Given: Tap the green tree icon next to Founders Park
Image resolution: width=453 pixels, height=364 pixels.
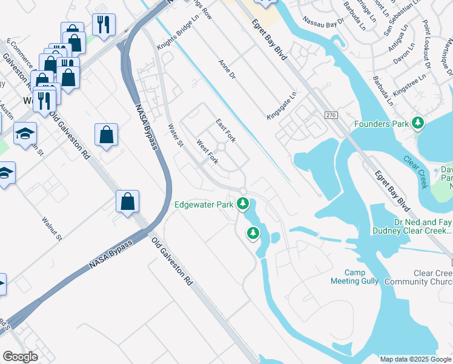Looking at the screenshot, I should click(x=417, y=124).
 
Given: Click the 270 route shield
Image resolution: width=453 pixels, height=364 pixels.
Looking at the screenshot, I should click(x=330, y=115).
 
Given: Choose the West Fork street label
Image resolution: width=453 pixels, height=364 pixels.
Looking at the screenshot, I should click(x=208, y=152).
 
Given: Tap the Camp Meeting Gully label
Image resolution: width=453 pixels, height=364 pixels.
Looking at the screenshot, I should click(x=354, y=277).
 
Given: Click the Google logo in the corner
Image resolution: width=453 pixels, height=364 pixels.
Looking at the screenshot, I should click(x=20, y=357).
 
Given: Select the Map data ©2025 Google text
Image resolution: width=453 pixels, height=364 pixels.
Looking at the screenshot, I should click(x=415, y=359).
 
